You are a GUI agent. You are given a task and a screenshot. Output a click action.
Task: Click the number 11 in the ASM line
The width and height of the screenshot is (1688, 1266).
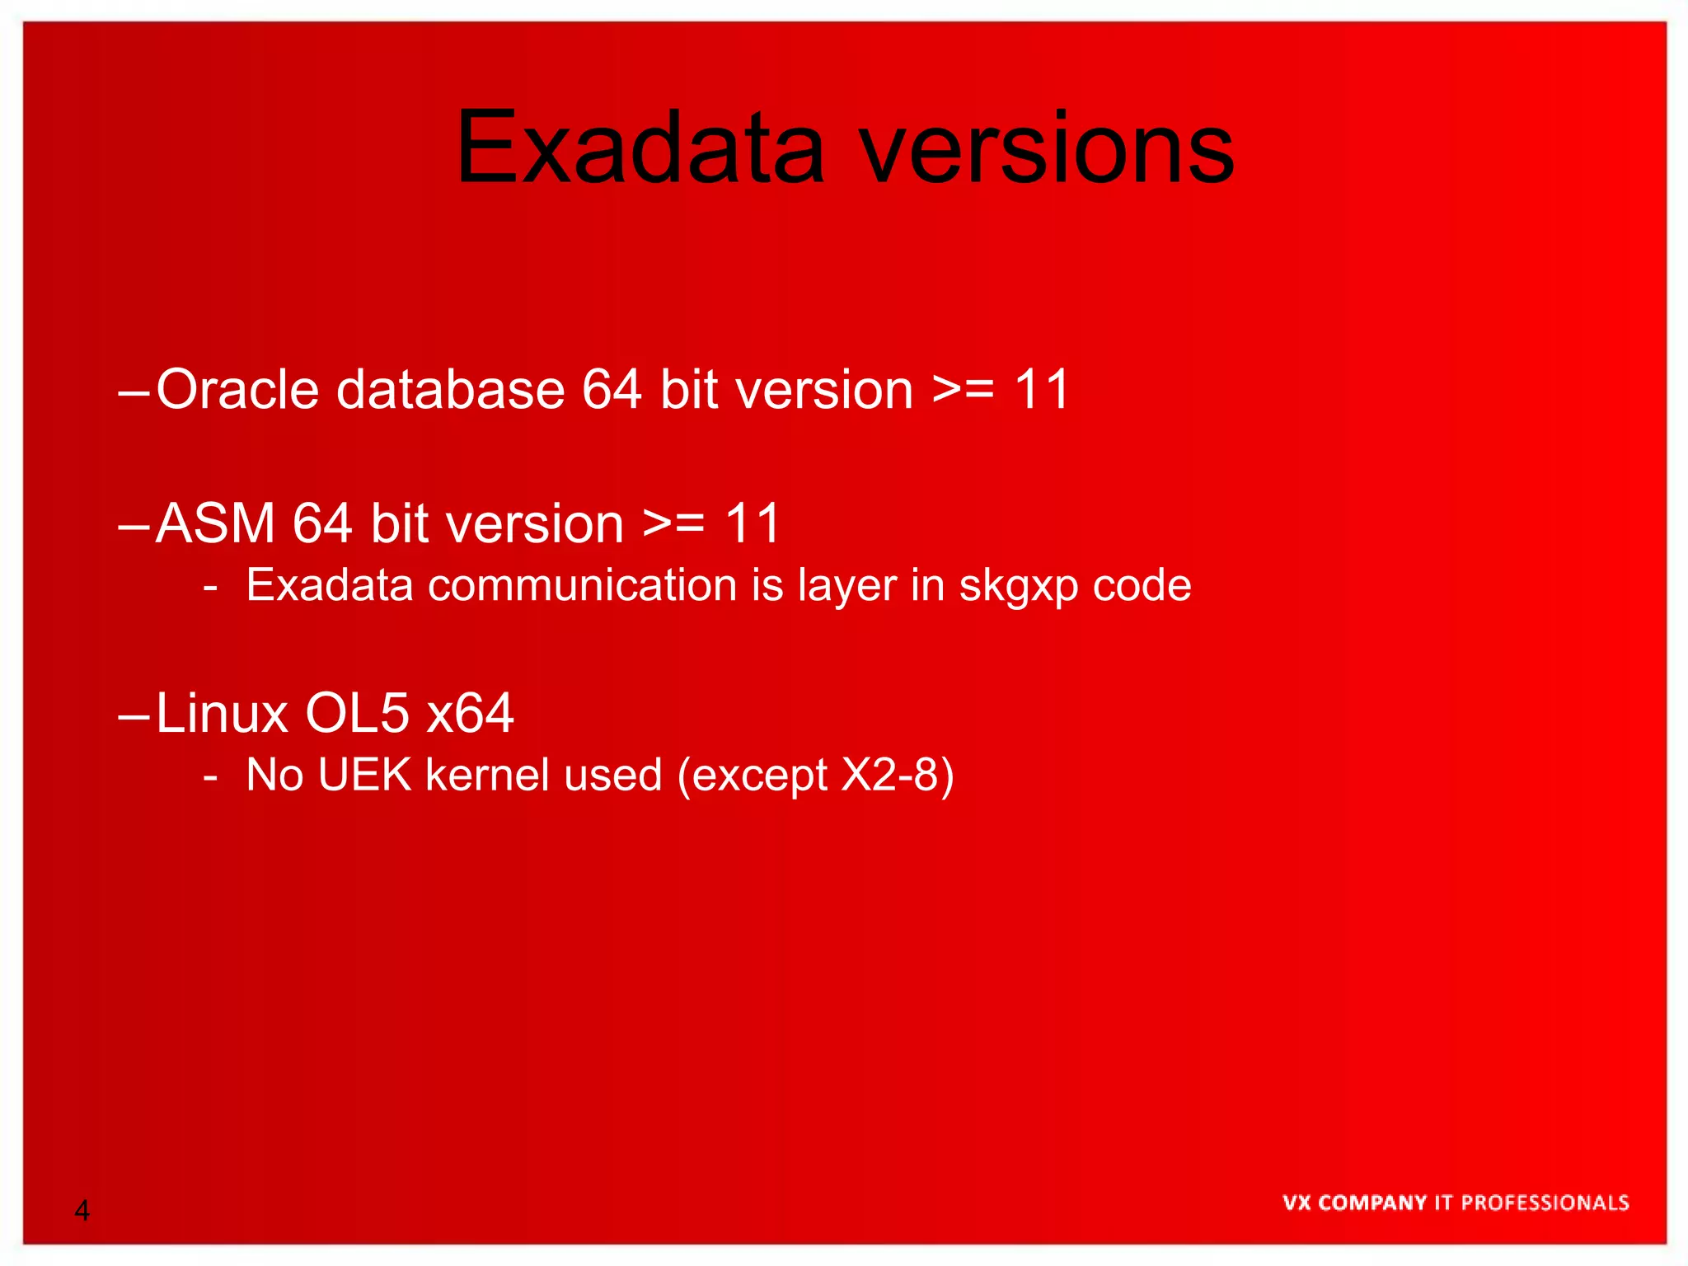click(x=753, y=523)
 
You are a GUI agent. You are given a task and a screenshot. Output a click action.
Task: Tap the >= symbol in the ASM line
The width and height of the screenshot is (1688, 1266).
click(x=673, y=523)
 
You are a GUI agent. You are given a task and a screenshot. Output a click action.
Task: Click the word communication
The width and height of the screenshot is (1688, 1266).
click(x=582, y=585)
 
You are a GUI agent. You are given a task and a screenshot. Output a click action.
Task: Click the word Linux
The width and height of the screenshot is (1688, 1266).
click(x=222, y=713)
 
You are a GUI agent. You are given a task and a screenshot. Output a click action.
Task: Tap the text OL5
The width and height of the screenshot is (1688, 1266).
click(x=357, y=713)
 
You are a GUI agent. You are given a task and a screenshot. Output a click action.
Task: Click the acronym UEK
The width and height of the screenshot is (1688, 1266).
click(x=364, y=775)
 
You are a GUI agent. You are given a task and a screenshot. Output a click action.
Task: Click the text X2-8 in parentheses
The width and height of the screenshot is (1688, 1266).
click(x=889, y=775)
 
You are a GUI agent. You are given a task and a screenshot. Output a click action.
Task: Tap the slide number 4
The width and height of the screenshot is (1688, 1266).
click(x=82, y=1211)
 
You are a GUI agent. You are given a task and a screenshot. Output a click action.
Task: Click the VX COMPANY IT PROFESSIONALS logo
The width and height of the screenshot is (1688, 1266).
click(x=1456, y=1203)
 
